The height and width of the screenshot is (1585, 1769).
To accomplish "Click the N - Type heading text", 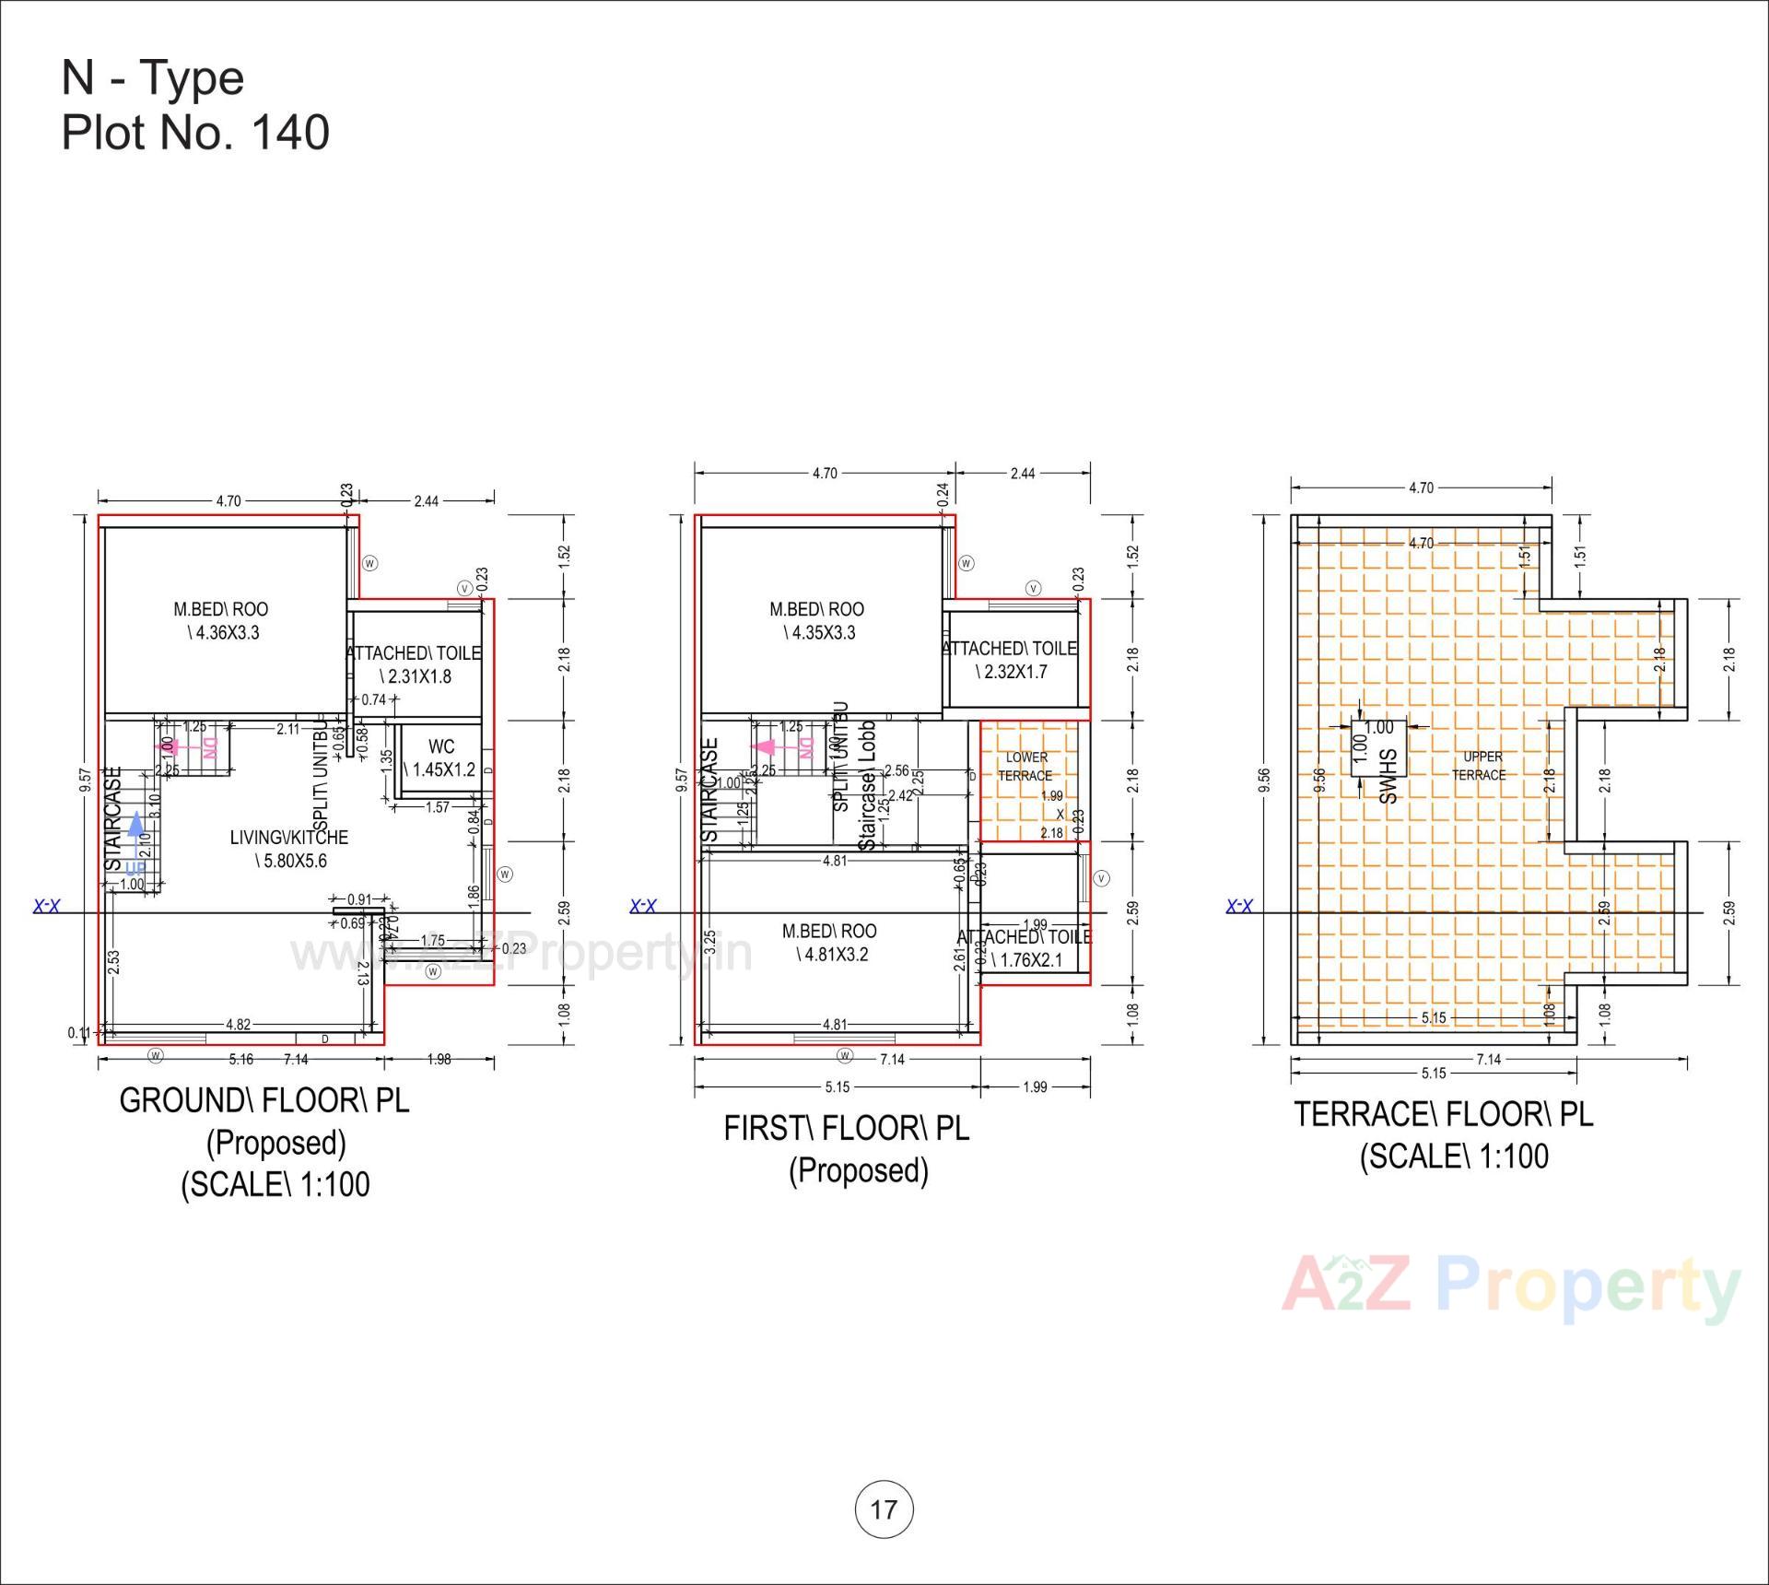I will [153, 77].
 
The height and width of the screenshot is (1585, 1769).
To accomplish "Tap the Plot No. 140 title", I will [195, 133].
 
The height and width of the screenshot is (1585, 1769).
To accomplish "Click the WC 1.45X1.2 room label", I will [441, 757].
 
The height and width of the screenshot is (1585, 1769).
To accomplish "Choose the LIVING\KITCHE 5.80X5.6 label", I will [289, 849].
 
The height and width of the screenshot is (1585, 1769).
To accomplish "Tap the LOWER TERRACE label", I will [1025, 766].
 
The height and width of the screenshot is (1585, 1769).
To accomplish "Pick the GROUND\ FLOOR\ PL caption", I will [264, 1100].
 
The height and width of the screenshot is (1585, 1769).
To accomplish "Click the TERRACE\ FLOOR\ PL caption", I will [1443, 1114].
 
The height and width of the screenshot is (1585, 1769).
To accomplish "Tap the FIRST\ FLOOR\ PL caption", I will [847, 1128].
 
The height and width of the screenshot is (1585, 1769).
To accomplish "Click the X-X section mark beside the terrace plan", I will [1239, 907].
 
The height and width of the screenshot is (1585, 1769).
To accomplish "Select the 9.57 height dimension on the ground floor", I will [85, 781].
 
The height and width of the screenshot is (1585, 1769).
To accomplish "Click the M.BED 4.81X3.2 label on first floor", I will [830, 943].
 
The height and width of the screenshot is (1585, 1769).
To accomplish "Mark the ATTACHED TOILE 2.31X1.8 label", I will [414, 664].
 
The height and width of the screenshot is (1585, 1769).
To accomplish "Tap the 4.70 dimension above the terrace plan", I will [1421, 487].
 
